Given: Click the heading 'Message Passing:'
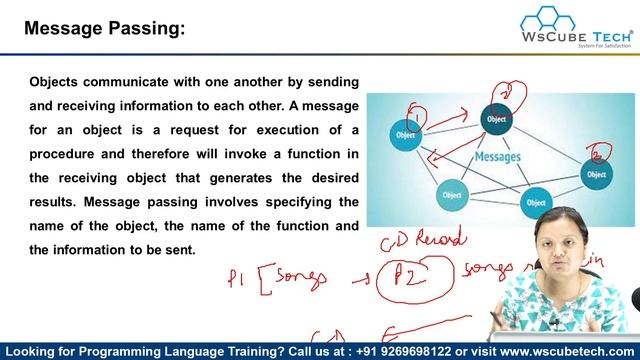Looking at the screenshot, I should pyautogui.click(x=105, y=29).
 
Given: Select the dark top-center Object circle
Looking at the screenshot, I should pyautogui.click(x=495, y=120).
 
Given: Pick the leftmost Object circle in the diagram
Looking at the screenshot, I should pyautogui.click(x=406, y=134).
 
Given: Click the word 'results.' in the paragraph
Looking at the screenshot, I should pyautogui.click(x=57, y=201).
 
